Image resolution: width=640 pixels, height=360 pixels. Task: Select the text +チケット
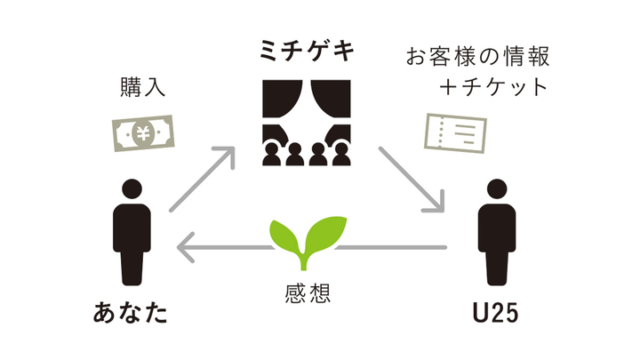(x=495, y=90)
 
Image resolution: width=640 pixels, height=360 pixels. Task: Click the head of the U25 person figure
(x=493, y=189)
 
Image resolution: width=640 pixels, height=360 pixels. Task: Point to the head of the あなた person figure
(x=131, y=189)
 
